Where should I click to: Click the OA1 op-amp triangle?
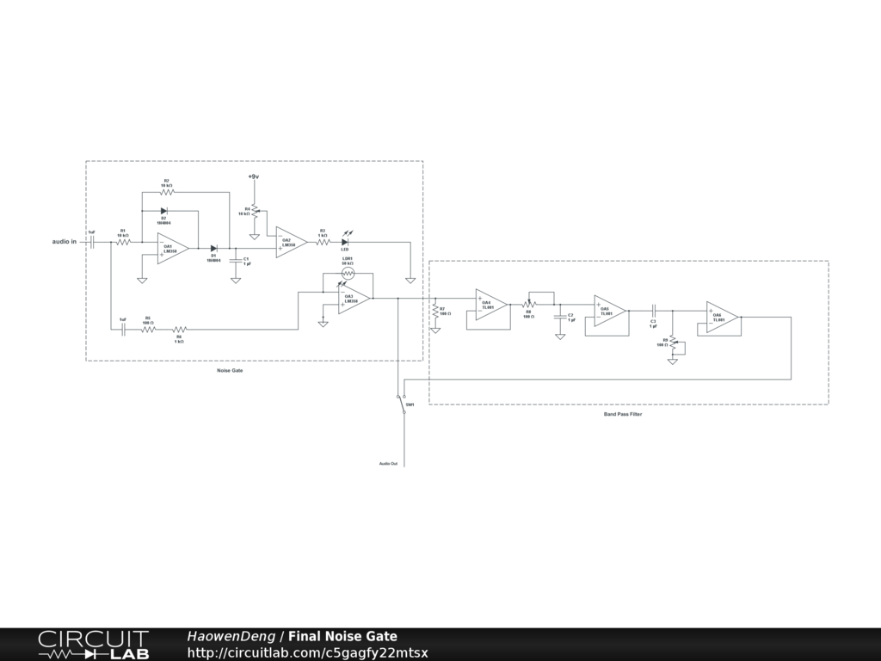[x=171, y=249]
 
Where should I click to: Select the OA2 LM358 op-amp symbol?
[x=290, y=243]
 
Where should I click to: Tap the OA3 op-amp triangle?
[x=352, y=299]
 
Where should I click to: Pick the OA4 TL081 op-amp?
[x=490, y=304]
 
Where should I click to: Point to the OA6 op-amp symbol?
[x=721, y=317]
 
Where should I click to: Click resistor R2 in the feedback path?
[x=165, y=193]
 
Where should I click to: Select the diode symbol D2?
[x=163, y=210]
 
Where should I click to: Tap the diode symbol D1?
[x=213, y=249]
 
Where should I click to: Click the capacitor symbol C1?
[x=235, y=259]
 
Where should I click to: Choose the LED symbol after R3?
[x=345, y=243]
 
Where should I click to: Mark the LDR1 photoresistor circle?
[x=348, y=273]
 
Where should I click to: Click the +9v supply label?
[x=254, y=176]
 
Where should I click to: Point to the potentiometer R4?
[x=255, y=211]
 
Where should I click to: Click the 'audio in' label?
[x=64, y=242]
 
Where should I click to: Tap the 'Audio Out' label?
[x=388, y=464]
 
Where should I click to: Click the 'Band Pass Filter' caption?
[x=622, y=414]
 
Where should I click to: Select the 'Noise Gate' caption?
[x=230, y=370]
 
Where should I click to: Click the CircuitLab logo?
[x=93, y=645]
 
